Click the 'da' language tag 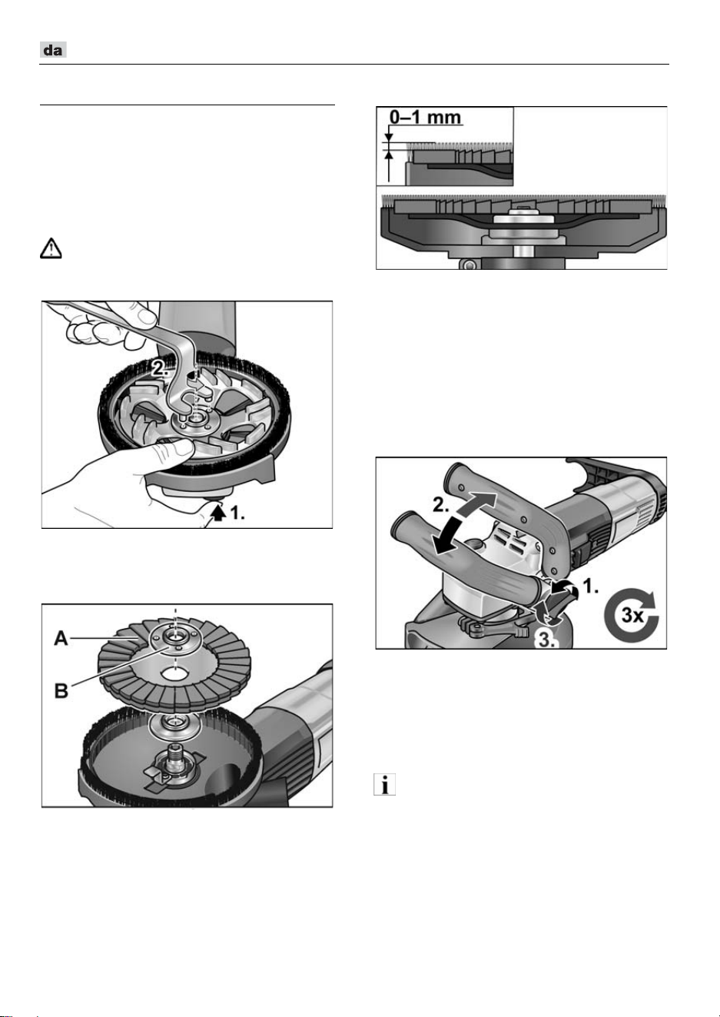53,50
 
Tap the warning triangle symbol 51,248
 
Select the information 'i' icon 384,784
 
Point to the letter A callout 61,639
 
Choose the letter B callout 61,691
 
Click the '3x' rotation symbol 631,616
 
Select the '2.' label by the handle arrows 440,505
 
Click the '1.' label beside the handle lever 590,587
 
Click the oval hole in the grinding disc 176,673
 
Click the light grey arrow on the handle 476,504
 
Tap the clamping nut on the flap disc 175,638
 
